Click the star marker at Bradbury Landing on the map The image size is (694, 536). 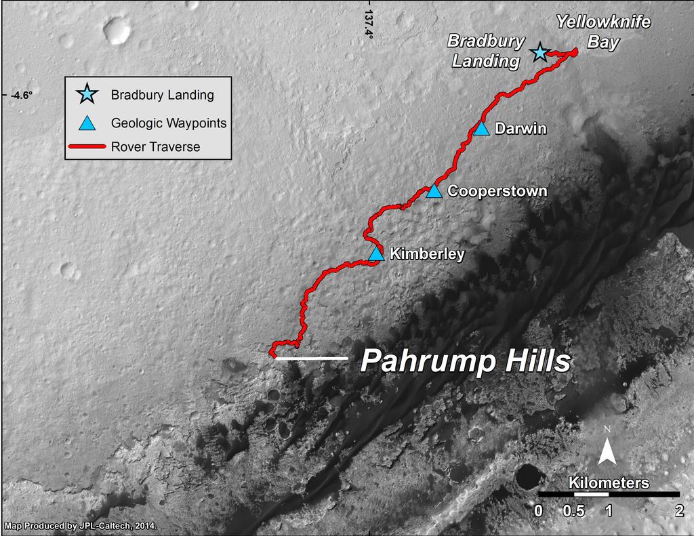pos(539,51)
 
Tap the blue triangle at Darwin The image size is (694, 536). pos(481,129)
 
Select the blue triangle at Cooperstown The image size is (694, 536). pos(434,192)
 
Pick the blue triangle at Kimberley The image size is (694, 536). pos(377,254)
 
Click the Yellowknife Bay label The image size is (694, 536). pos(603,32)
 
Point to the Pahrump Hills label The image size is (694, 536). pos(464,361)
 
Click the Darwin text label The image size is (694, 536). pos(520,129)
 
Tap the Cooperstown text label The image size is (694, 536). pos(497,191)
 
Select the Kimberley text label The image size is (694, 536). pos(426,254)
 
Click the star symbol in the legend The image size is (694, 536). pos(87,94)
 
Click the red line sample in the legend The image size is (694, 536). pos(87,146)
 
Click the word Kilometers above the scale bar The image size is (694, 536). pos(609,482)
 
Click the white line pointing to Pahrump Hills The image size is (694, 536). pos(312,358)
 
